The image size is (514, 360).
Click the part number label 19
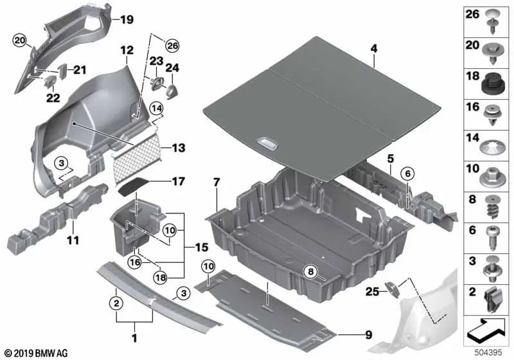click(127, 20)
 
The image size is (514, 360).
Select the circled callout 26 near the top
click(172, 46)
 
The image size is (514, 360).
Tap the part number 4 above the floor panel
click(374, 48)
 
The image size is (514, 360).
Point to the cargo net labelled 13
click(137, 154)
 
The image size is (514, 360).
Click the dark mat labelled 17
click(133, 186)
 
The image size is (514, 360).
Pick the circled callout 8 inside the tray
click(311, 271)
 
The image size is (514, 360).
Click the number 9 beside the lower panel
click(369, 335)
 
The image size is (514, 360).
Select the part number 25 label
click(372, 291)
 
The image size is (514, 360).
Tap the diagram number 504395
click(488, 353)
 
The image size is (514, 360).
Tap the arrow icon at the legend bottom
click(486, 330)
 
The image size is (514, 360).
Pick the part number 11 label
click(73, 240)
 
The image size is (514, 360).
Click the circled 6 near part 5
click(408, 174)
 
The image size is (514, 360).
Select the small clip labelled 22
click(51, 81)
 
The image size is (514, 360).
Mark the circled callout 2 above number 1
click(116, 303)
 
